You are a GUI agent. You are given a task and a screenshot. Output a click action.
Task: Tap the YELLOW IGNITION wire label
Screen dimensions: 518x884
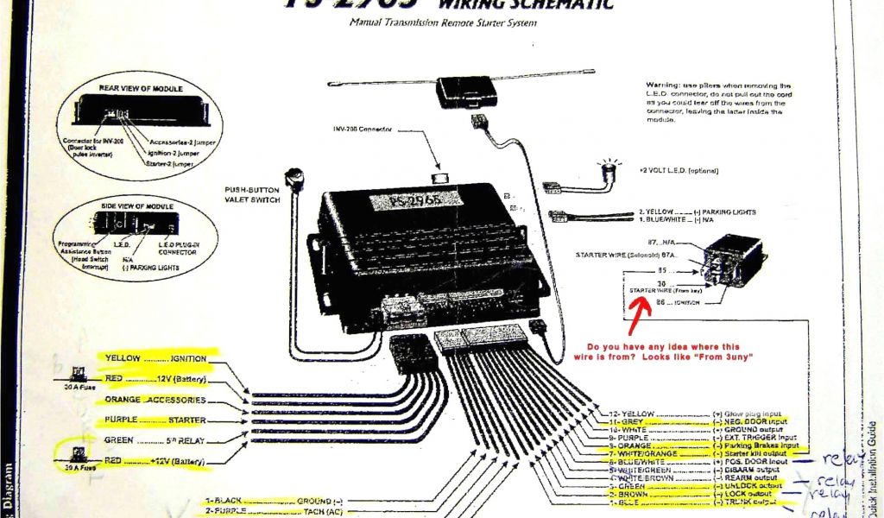[155, 357]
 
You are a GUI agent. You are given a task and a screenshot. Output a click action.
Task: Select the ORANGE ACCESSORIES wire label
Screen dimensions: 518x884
[155, 400]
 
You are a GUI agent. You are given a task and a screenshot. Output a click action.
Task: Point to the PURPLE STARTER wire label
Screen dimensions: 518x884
[155, 420]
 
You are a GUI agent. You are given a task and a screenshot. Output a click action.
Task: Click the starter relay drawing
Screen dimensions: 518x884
[732, 258]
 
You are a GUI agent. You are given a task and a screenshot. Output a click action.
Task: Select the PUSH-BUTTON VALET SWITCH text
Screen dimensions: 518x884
[251, 193]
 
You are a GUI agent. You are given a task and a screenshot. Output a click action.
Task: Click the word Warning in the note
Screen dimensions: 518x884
[664, 85]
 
